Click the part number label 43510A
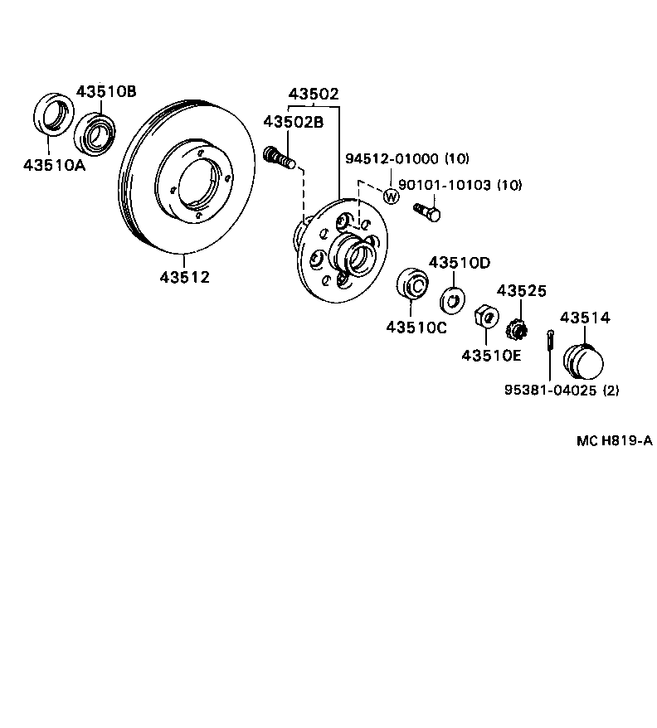54,163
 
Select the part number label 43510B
106,92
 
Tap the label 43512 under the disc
185,277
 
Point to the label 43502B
293,121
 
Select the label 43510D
459,263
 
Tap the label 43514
585,318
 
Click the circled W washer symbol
392,196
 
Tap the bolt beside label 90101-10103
429,212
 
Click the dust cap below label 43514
582,362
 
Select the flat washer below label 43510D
455,296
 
